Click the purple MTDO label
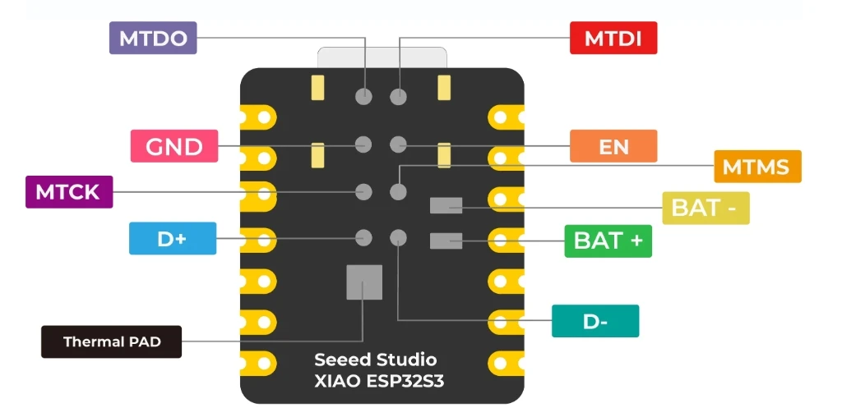pos(153,38)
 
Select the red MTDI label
pos(613,38)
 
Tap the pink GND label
pos(174,146)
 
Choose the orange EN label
pos(613,147)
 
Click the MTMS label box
pos(756,167)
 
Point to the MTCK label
pos(68,192)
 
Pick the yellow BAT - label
pos(706,208)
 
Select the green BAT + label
pos(608,241)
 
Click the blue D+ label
pos(173,239)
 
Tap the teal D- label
pos(595,321)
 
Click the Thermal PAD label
pos(111,341)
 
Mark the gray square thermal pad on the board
pos(363,282)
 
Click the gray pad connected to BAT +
pos(446,241)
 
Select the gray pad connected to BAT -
pos(446,205)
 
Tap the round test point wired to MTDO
pos(363,96)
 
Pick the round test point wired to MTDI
pos(399,96)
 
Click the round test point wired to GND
pos(363,144)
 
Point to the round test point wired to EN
pos(399,144)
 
